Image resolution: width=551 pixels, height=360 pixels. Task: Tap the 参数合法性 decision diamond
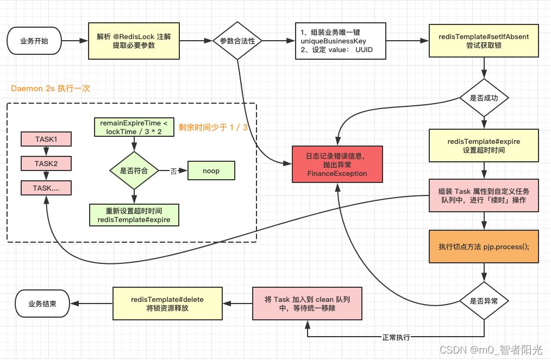click(x=237, y=41)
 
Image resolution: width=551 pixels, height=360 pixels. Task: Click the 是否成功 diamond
click(x=484, y=98)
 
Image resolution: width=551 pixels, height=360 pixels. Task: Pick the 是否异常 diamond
click(x=484, y=300)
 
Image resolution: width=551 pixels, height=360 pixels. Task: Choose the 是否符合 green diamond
click(x=134, y=171)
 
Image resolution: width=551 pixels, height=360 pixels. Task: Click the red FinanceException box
click(x=337, y=165)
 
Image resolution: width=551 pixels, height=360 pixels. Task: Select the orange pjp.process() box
click(x=484, y=247)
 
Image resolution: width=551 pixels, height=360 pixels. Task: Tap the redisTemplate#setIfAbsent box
click(x=484, y=41)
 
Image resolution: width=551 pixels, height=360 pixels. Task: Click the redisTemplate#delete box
click(x=167, y=304)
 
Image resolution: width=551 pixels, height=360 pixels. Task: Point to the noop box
click(x=211, y=171)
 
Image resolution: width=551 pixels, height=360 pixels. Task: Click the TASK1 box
click(x=46, y=140)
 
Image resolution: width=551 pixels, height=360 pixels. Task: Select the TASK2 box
click(x=46, y=163)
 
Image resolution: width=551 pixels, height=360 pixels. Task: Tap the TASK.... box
click(x=46, y=188)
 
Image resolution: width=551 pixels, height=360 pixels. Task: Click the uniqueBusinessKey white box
click(x=340, y=41)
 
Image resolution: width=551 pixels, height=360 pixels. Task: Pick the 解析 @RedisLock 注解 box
click(x=134, y=41)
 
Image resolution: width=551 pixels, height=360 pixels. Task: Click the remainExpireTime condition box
click(x=134, y=127)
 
